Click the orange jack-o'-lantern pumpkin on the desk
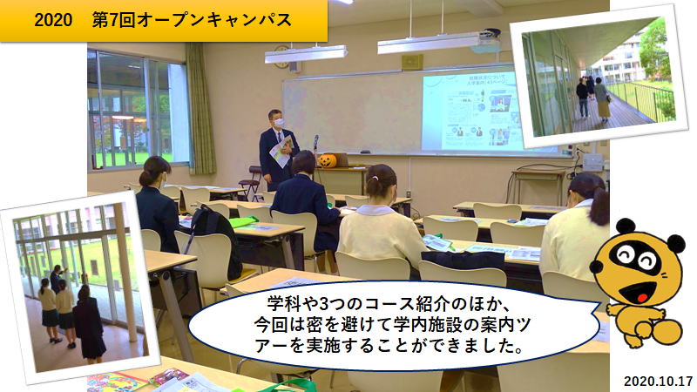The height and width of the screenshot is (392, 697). coord(328,160)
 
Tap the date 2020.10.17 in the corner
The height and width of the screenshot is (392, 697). coord(659,381)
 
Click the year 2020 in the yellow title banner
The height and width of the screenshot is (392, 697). coord(53,20)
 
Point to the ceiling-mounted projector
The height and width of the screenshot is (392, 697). coord(488,40)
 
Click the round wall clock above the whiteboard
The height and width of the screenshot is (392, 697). coord(281,57)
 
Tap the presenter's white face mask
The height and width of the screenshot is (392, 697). coord(279,122)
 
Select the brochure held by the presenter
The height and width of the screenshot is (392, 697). coord(281,151)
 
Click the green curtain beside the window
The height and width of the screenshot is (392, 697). coord(200,109)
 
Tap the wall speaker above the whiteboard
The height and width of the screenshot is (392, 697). coord(412,62)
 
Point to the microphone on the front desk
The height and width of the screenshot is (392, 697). coord(316,143)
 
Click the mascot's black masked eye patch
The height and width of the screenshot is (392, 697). coord(634,258)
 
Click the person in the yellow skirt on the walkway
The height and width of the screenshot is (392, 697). coord(602,100)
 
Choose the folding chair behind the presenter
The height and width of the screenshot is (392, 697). coord(250,183)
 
